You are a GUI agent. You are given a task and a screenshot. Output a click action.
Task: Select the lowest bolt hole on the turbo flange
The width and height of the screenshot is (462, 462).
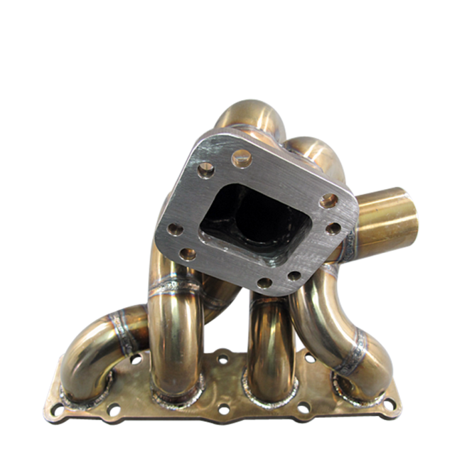[264, 283]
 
